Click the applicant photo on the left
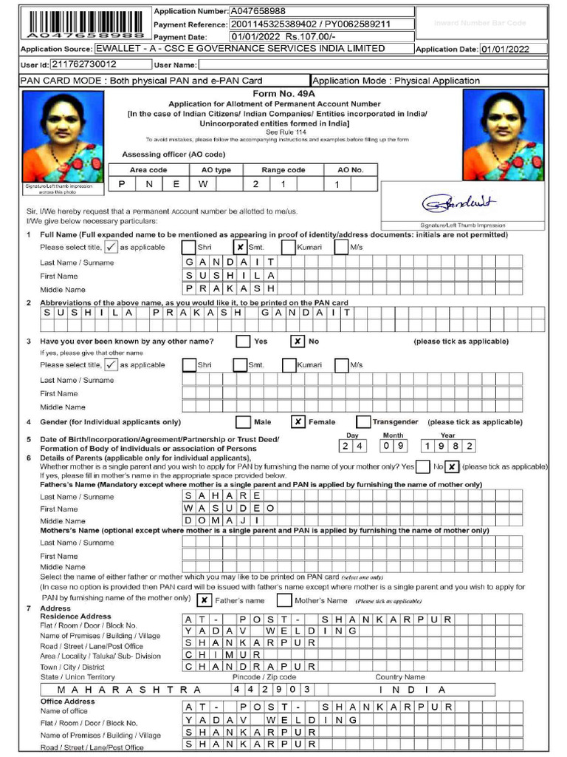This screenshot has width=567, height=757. click(x=63, y=136)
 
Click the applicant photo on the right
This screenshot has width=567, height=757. click(x=503, y=135)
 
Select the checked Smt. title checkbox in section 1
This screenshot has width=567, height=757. click(x=239, y=248)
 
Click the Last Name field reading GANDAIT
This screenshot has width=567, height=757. click(x=230, y=262)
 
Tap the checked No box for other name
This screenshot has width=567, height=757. click(x=297, y=342)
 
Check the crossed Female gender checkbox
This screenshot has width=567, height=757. click(x=298, y=421)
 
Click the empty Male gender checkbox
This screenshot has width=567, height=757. click(x=242, y=421)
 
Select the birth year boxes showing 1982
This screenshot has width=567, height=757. click(x=448, y=446)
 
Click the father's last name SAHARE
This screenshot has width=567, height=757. click(x=223, y=495)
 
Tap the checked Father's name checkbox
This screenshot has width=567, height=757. click(x=205, y=600)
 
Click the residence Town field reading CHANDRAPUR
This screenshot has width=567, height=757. click(x=250, y=665)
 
